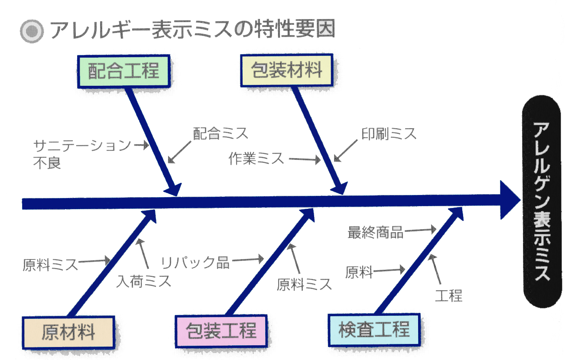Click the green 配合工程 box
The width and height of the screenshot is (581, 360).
(124, 71)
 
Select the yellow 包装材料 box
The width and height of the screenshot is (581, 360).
(287, 70)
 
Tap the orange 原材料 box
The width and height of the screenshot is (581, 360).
(68, 333)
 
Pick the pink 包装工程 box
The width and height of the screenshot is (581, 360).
(221, 331)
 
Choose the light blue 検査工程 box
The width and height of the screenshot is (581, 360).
(374, 329)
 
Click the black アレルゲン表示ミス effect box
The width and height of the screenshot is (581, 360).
(542, 201)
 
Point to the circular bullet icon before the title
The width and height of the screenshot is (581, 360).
(32, 31)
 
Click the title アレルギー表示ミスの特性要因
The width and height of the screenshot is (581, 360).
(192, 30)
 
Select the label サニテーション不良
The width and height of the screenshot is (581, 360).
(81, 153)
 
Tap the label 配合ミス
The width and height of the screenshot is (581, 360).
(221, 133)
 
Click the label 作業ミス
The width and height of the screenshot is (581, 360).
(256, 159)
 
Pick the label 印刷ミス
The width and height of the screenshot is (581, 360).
(389, 133)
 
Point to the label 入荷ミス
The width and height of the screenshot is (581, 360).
(143, 282)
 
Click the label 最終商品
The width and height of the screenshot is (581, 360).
(375, 233)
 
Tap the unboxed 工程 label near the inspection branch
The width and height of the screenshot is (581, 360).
(449, 296)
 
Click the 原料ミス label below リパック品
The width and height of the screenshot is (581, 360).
(304, 284)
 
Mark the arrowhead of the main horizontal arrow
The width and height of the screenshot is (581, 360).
(510, 200)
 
